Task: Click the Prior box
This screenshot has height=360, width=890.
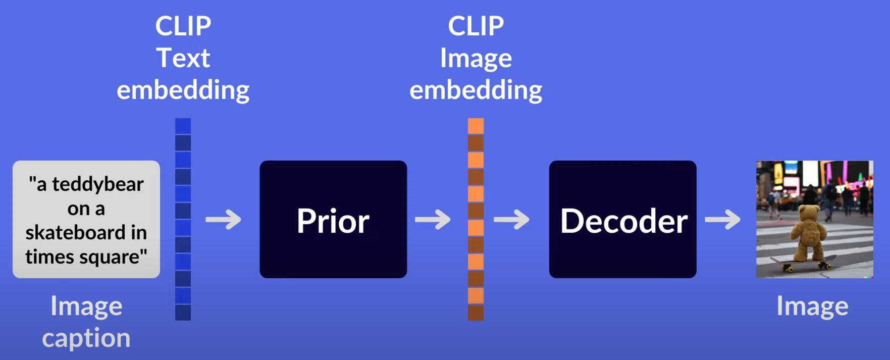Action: tap(333, 219)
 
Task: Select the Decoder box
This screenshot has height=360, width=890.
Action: tap(622, 219)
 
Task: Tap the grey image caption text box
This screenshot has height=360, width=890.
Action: tap(86, 219)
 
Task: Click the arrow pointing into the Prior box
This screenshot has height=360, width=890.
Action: tap(224, 220)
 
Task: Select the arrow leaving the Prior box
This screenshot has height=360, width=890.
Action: tap(433, 220)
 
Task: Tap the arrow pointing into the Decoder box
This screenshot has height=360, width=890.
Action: tap(511, 220)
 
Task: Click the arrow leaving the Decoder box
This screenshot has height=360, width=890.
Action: tap(723, 220)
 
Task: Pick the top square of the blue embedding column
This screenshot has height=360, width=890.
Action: tap(183, 126)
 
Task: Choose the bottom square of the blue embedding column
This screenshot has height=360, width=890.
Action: tap(183, 312)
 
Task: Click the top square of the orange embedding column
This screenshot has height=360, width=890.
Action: tap(476, 126)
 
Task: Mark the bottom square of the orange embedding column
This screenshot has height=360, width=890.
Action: tap(476, 312)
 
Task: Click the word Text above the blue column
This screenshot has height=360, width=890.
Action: tap(183, 58)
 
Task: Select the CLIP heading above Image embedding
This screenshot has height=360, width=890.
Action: tap(476, 26)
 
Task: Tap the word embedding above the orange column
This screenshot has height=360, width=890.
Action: tap(476, 90)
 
